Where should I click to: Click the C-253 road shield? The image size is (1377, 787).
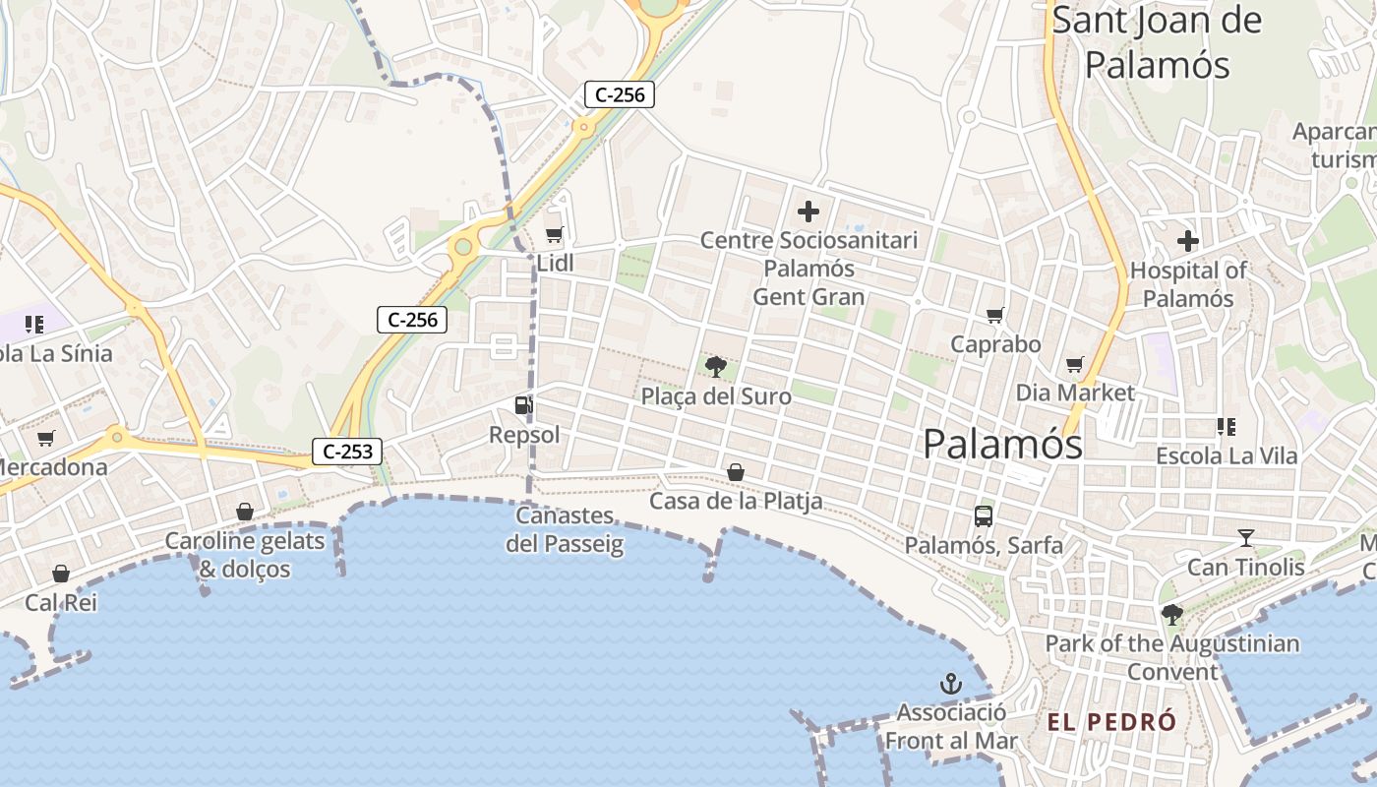click(x=347, y=452)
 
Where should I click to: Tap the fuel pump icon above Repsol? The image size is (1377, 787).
click(x=523, y=404)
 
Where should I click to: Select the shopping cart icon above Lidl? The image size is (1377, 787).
click(x=554, y=234)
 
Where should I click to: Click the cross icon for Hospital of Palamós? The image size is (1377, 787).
click(x=1188, y=241)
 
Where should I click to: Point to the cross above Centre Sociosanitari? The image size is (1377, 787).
click(x=808, y=212)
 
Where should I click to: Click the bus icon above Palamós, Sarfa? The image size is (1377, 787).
click(x=983, y=515)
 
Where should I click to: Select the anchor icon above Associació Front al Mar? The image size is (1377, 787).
click(x=951, y=684)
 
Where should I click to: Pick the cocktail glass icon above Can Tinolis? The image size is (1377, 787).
click(x=1246, y=538)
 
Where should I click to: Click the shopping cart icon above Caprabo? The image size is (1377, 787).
click(x=995, y=316)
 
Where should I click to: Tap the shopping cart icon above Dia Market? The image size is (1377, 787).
click(x=1075, y=365)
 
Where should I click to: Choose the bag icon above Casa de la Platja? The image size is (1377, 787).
click(x=735, y=473)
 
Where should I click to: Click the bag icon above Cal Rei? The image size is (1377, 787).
click(x=61, y=574)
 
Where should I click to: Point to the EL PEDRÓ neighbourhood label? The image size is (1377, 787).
click(x=1111, y=722)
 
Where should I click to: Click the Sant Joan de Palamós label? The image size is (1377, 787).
click(x=1157, y=42)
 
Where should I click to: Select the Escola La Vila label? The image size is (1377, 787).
click(x=1227, y=456)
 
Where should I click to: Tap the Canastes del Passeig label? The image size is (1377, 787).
click(x=565, y=529)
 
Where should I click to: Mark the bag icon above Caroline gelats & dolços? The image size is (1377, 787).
click(x=245, y=512)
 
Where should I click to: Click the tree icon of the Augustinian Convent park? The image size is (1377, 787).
click(x=1171, y=615)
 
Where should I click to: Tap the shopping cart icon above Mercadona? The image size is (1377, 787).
click(x=46, y=439)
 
